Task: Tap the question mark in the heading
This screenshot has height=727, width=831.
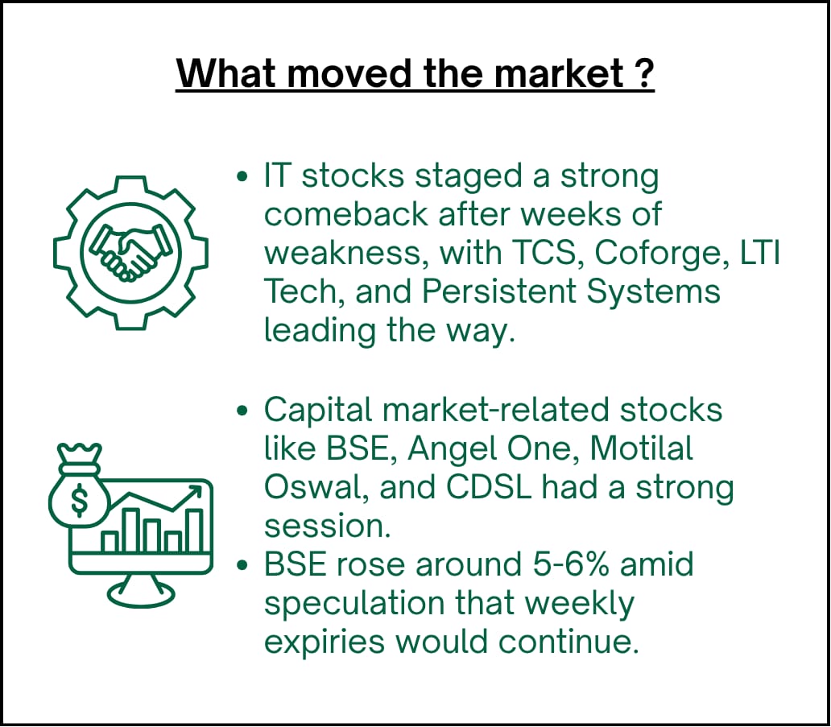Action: point(644,73)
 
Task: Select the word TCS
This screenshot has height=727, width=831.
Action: point(544,253)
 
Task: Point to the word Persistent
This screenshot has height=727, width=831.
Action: point(499,291)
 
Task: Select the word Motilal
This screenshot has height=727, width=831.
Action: point(641,448)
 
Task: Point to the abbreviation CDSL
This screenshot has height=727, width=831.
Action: point(489,488)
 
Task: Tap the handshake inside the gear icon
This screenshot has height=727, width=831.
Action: point(130,253)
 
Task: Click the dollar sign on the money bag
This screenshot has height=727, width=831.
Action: point(80,500)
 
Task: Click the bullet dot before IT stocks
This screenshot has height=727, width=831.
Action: point(242,176)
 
